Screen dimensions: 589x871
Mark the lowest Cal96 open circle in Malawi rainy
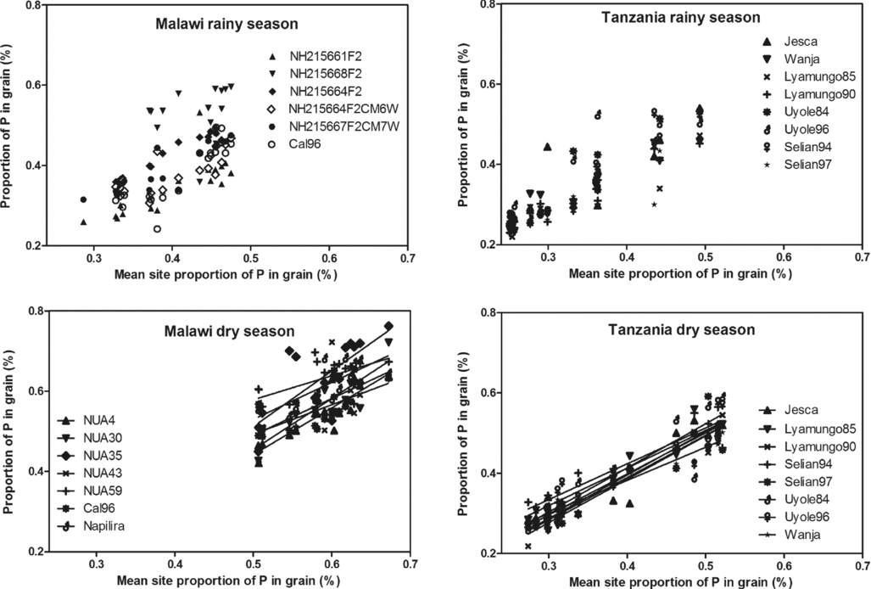(157, 229)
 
